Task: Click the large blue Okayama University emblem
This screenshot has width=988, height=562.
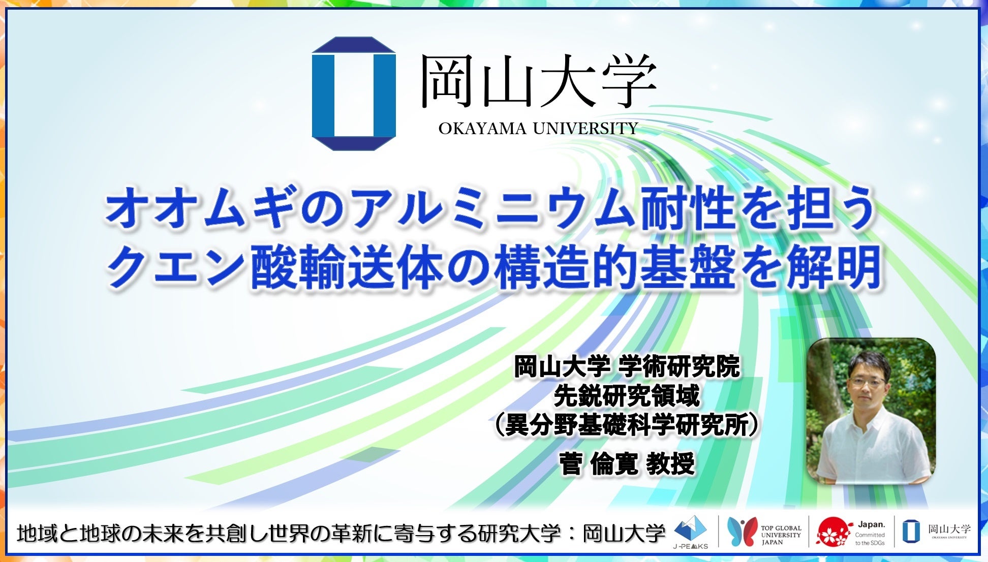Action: (x=354, y=93)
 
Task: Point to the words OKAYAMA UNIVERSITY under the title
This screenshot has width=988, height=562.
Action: (x=538, y=129)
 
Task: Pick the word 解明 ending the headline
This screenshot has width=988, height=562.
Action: (x=833, y=267)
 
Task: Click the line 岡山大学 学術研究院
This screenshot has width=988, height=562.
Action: (x=627, y=366)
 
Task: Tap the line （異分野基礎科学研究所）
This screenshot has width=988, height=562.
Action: (x=627, y=424)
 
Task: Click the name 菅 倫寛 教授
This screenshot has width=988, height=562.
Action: (x=627, y=463)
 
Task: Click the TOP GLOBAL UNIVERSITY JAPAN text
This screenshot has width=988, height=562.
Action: (x=781, y=535)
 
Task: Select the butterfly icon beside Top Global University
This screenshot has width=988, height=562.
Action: (x=742, y=532)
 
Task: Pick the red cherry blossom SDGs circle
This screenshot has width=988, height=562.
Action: (x=833, y=532)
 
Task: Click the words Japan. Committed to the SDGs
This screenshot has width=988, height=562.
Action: (x=870, y=533)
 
